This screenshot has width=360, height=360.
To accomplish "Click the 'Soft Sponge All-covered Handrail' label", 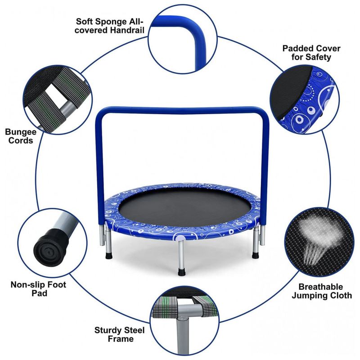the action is [110, 26].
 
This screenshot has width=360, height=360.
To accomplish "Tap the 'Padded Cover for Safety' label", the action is [311, 53].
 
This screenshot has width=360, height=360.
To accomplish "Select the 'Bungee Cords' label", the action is [21, 136].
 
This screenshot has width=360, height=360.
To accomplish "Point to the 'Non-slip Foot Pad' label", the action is [39, 289].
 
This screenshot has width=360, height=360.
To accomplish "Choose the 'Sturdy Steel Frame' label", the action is [120, 334].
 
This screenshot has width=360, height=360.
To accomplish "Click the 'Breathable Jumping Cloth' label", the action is [322, 291].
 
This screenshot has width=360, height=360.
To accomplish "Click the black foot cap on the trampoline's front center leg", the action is [181, 272].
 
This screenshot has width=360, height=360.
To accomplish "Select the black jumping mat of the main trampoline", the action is [182, 206].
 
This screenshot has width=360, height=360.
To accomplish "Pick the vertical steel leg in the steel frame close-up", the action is [183, 335].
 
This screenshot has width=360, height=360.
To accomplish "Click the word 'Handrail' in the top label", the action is [127, 30].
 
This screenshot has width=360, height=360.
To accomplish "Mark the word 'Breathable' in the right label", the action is [320, 287].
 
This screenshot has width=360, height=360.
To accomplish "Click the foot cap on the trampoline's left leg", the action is [109, 256].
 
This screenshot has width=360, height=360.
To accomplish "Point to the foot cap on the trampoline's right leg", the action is [255, 255].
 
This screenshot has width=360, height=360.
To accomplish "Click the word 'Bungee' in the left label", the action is [21, 132].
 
